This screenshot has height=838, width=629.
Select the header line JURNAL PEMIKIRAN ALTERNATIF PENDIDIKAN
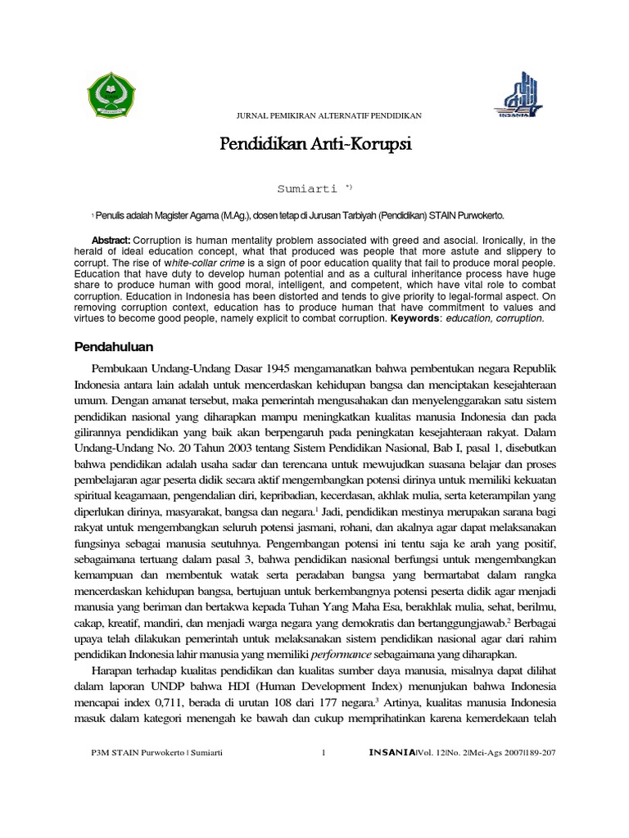tap(317, 116)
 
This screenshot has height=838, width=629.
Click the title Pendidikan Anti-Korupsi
tap(316, 145)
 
